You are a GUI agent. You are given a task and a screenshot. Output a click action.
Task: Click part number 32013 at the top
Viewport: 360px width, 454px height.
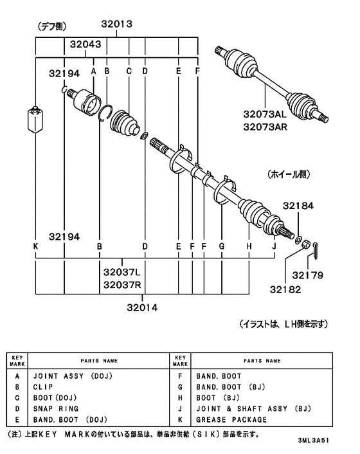116,24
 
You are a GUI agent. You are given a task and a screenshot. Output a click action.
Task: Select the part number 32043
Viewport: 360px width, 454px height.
85,44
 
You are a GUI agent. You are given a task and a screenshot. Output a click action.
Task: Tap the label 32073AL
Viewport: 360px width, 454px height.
265,114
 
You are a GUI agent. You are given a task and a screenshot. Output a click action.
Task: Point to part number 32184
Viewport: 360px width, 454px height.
298,206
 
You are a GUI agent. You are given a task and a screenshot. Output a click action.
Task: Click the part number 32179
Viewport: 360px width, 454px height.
307,275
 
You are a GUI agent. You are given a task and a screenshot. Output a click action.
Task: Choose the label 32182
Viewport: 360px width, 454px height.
285,289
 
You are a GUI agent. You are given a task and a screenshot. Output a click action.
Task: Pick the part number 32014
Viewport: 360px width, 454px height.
142,307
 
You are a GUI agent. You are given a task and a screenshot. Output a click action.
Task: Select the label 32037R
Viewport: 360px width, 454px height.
122,285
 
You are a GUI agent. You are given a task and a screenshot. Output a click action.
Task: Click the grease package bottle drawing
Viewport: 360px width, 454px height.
35,120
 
